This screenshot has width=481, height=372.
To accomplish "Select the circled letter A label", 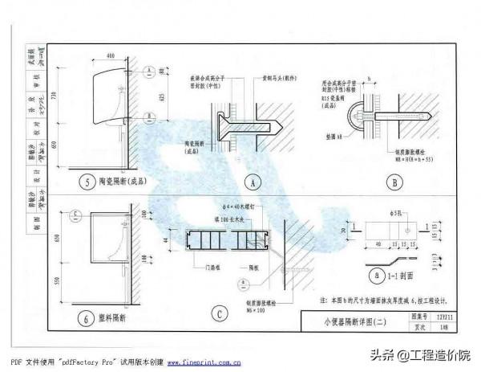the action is (x=253, y=183).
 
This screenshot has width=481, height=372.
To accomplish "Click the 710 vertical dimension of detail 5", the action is (x=53, y=96).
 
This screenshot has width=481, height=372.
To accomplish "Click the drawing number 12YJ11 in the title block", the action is (x=435, y=317).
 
